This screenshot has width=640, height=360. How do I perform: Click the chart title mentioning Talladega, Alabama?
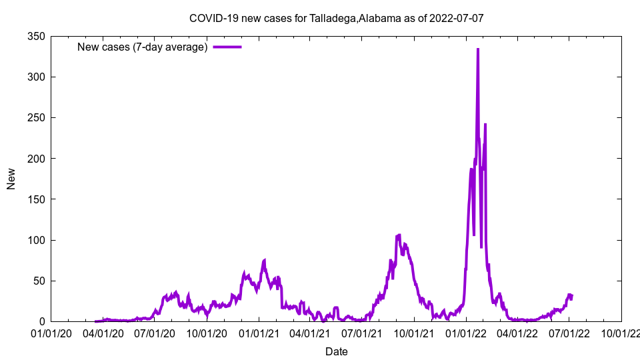point(336,18)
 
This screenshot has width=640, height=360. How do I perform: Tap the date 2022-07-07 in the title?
point(457,18)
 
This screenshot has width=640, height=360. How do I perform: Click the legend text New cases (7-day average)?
point(143,47)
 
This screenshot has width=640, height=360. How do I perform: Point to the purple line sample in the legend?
point(227,47)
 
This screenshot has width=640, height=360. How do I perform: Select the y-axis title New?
point(11,179)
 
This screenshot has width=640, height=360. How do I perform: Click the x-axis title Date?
point(336,351)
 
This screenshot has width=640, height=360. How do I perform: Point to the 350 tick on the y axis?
point(36,37)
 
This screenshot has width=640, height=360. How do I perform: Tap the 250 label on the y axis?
point(36,118)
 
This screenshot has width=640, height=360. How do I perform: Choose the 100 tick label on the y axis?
point(36,240)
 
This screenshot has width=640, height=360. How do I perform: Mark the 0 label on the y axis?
point(41,321)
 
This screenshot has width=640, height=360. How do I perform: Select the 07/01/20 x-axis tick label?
point(155,333)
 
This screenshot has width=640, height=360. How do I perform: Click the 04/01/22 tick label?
point(517,333)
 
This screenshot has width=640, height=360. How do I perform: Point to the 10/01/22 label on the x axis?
point(621,333)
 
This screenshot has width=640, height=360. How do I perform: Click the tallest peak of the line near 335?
point(478,49)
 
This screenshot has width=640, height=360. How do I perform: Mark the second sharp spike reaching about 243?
point(485,125)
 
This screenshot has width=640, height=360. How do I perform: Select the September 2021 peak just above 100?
point(399,235)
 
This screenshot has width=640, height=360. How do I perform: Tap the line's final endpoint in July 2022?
point(572,295)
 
